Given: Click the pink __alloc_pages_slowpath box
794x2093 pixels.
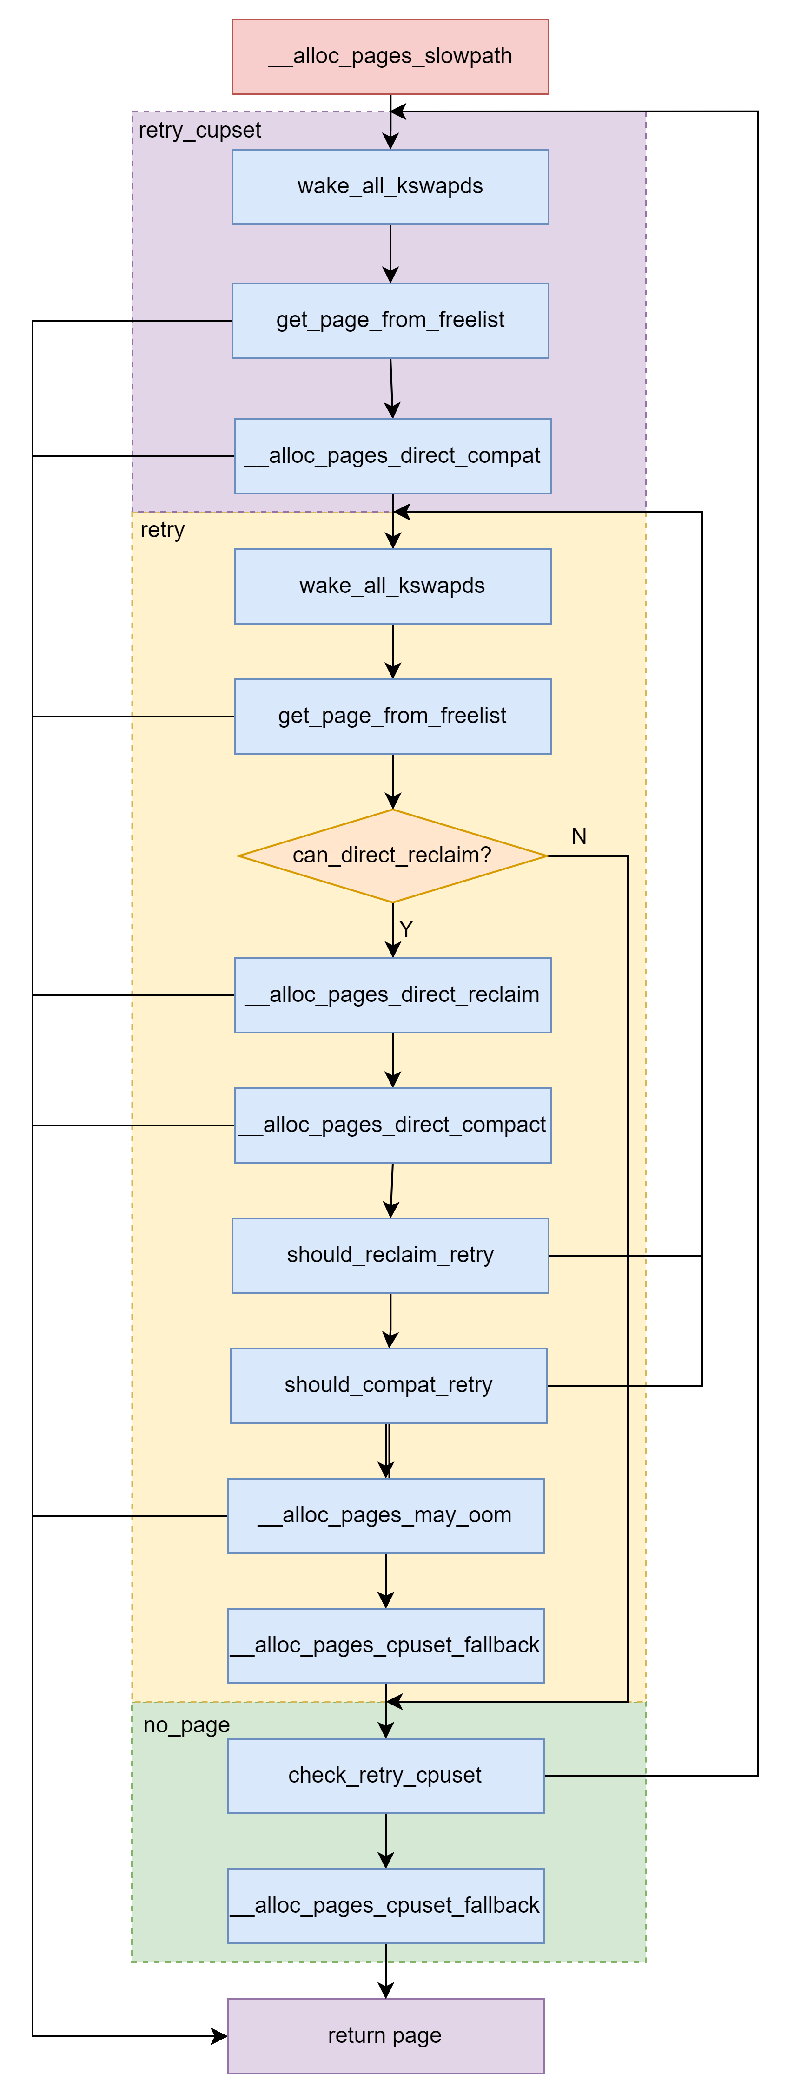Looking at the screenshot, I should tap(390, 57).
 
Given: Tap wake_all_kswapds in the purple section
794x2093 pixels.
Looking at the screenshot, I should tap(390, 186).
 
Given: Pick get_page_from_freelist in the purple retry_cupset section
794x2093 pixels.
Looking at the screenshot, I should tap(390, 320).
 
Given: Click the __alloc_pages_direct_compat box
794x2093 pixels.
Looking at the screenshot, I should tap(392, 456).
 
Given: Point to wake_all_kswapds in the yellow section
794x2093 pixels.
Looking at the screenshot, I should tap(392, 586).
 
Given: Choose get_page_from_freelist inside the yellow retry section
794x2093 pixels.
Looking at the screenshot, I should tap(392, 716).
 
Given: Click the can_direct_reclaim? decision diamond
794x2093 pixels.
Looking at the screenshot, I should tap(392, 856).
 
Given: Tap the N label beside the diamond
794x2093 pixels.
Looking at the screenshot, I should tap(579, 836).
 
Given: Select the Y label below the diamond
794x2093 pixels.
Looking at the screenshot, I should tap(406, 928).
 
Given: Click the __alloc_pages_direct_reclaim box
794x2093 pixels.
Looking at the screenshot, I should tap(392, 994).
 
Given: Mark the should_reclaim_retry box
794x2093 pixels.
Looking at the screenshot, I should tap(390, 1255).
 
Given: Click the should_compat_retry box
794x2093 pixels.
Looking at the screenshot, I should tap(389, 1385).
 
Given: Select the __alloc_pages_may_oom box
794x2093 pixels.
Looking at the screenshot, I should tap(385, 1515).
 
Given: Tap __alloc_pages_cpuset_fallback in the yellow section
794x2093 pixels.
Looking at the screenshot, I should tap(385, 1645).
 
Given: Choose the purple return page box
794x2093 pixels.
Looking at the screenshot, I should tap(385, 2035).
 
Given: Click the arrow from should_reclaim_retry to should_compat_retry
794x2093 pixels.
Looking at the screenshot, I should tap(390, 1320).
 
